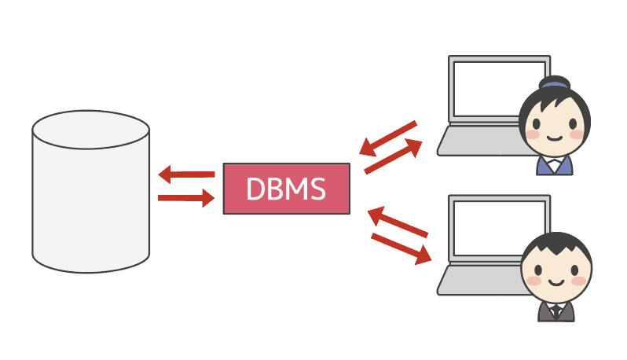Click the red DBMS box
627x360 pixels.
click(x=286, y=189)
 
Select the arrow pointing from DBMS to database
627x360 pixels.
click(x=186, y=174)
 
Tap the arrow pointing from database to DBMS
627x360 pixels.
click(x=186, y=198)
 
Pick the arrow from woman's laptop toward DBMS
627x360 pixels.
click(x=387, y=138)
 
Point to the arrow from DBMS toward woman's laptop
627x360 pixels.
click(x=393, y=157)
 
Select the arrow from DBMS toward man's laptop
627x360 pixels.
click(x=401, y=248)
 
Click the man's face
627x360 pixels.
click(x=556, y=275)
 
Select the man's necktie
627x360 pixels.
click(x=556, y=311)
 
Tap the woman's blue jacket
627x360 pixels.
click(x=542, y=167)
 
